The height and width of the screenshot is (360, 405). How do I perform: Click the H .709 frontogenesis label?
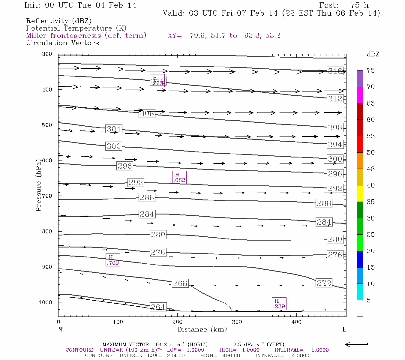click(113, 260)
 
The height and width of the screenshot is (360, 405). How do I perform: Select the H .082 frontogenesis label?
click(179, 177)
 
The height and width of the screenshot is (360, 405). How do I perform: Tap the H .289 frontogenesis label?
click(279, 304)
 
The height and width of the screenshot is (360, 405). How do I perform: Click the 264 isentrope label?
click(158, 307)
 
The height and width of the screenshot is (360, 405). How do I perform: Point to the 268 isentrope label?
click(180, 283)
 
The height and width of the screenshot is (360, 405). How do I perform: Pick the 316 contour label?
click(335, 71)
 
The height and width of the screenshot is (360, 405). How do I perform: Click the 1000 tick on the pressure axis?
click(46, 302)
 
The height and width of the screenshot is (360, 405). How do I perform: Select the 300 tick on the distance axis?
click(237, 322)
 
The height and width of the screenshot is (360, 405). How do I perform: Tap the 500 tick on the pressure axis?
click(47, 125)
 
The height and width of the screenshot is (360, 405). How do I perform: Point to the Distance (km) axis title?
click(202, 329)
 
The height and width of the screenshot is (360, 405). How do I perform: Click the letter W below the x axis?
click(61, 329)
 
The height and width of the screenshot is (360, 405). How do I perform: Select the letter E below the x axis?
click(344, 329)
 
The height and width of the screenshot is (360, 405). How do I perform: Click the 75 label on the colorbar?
click(370, 70)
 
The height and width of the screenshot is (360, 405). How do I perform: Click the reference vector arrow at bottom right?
click(356, 344)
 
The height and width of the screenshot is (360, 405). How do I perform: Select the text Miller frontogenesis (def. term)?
click(86, 36)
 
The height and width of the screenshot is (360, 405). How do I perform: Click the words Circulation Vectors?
click(62, 43)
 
